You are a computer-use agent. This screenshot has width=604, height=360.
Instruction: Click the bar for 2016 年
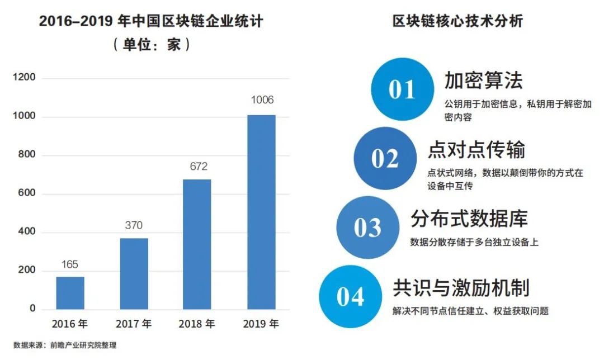(x=70, y=292)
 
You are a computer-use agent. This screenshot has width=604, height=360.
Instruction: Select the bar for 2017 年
(x=134, y=273)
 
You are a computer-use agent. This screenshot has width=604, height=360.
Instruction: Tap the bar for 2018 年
(x=197, y=244)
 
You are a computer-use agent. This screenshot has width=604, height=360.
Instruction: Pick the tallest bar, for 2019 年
(x=262, y=212)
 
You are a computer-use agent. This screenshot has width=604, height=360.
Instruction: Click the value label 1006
(x=262, y=101)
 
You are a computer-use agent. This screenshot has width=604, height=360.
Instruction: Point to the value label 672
(x=198, y=166)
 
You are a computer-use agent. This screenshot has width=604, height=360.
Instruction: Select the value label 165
(x=70, y=264)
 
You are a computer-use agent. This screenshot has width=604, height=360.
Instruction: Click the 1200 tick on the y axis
(x=25, y=78)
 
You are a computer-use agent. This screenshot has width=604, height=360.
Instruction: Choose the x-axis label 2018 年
(x=197, y=324)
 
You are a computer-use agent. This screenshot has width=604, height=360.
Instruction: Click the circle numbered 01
(x=402, y=89)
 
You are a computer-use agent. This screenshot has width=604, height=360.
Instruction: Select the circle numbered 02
(x=385, y=158)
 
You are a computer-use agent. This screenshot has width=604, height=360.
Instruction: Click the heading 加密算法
(x=484, y=80)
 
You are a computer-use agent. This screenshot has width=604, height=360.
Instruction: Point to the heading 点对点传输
(x=476, y=150)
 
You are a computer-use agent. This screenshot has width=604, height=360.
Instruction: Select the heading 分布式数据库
(x=469, y=219)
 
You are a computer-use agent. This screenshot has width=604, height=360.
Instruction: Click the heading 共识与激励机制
(x=461, y=287)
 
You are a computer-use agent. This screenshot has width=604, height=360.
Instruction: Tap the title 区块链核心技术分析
(x=457, y=22)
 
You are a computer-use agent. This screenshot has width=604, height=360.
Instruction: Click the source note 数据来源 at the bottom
(x=65, y=345)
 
